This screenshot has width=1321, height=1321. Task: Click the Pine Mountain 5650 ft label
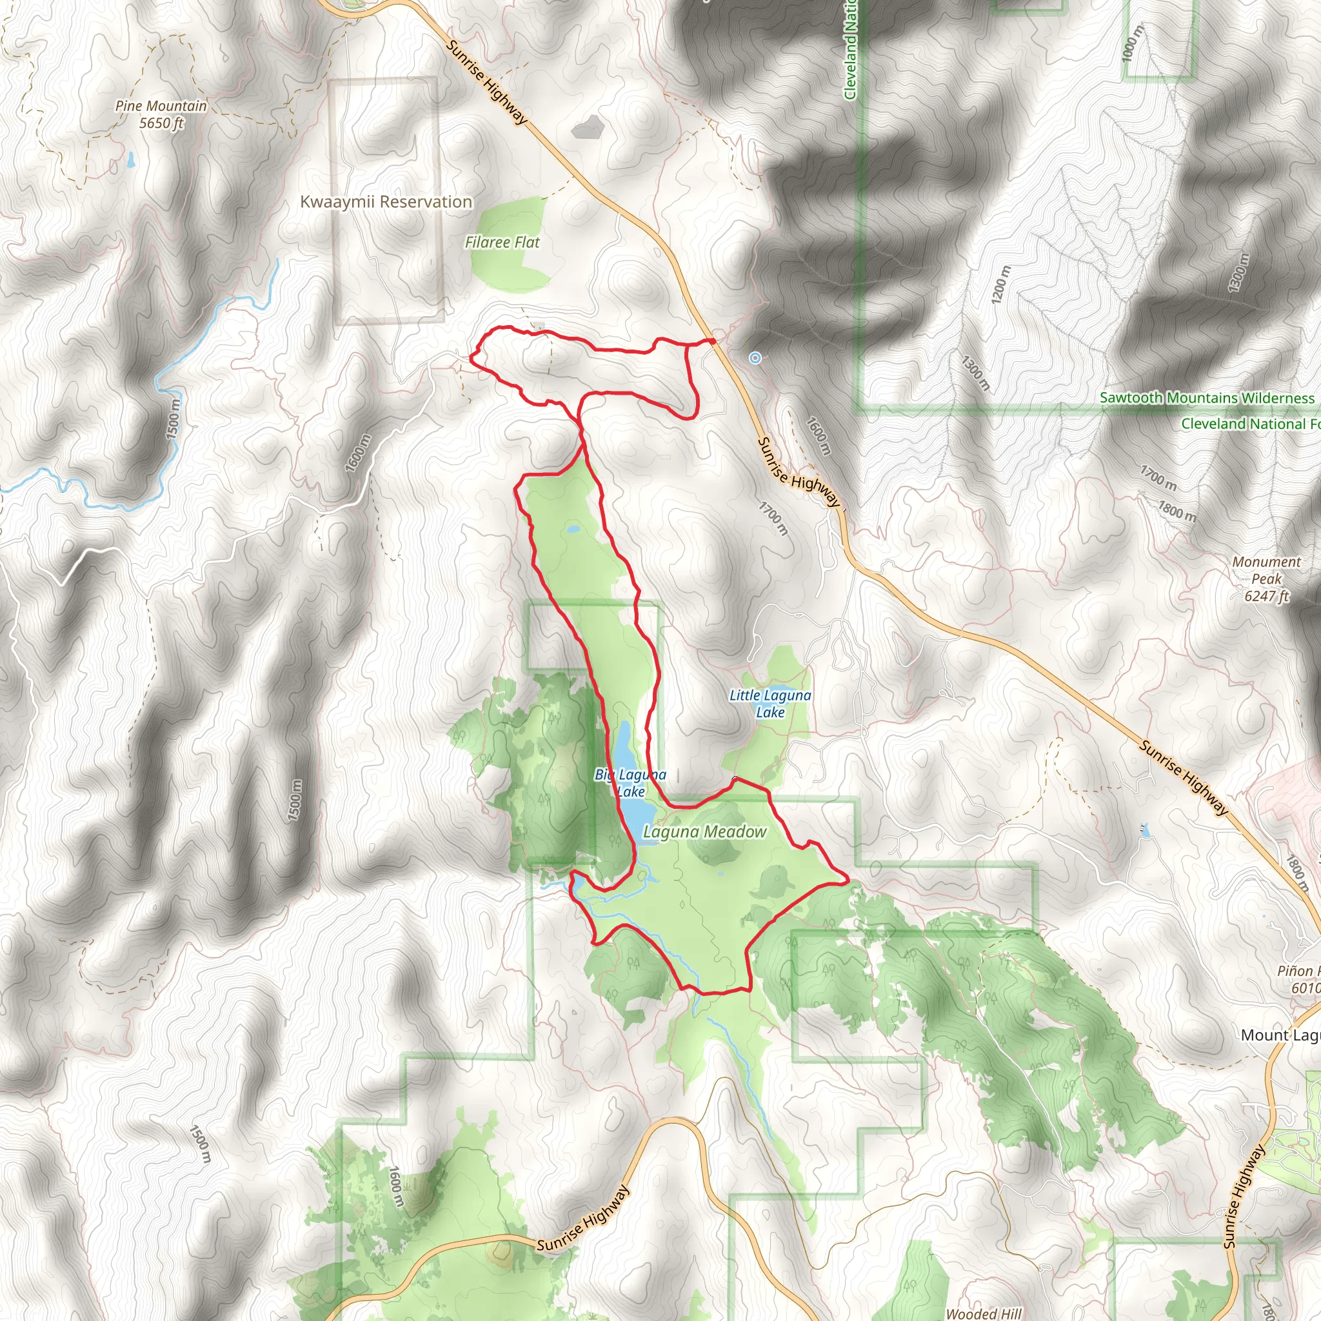coord(161,114)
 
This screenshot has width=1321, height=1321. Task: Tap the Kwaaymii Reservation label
coord(386,202)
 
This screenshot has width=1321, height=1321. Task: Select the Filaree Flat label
coord(502,242)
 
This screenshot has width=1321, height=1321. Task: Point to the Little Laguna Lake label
coord(770,704)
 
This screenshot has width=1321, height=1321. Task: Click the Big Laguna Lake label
coord(630,783)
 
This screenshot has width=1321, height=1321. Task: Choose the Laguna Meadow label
coord(704,832)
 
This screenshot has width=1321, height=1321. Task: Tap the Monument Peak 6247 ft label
coord(1266,579)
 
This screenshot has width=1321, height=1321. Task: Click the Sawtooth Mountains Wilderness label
coord(1207,398)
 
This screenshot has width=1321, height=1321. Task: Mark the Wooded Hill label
coord(983,1313)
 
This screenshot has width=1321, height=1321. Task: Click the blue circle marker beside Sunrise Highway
coord(755,357)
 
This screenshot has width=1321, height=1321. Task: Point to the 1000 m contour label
coord(1131,43)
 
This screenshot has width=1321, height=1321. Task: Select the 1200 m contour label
coord(1000,284)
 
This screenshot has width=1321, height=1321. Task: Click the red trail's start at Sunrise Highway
coord(712,341)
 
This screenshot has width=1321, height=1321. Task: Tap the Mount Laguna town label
coord(1280,1035)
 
